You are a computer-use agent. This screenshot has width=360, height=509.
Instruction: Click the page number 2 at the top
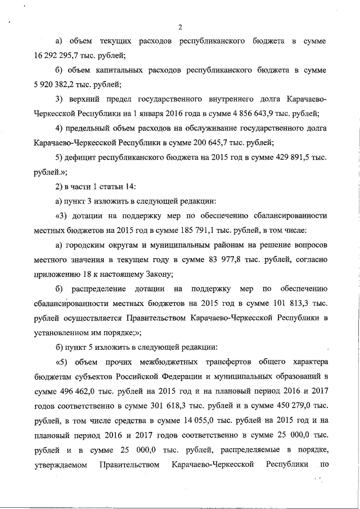[179, 27]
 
